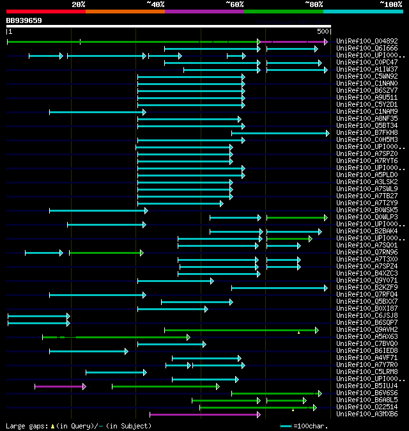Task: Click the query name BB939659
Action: [24, 20]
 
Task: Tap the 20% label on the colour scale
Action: [79, 4]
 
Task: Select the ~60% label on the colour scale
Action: [235, 4]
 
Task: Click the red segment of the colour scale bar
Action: [45, 12]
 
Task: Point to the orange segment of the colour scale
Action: [125, 12]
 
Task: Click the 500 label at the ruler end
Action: [323, 31]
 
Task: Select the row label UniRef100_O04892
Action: [366, 41]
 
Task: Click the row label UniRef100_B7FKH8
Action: [366, 132]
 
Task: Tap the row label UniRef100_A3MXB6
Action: [366, 414]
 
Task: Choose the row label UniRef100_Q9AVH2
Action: [366, 329]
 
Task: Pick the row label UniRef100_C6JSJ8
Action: [366, 315]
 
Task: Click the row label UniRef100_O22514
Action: [366, 407]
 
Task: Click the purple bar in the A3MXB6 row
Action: [204, 414]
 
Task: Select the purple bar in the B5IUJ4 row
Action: [59, 386]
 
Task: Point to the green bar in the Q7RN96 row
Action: [105, 253]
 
